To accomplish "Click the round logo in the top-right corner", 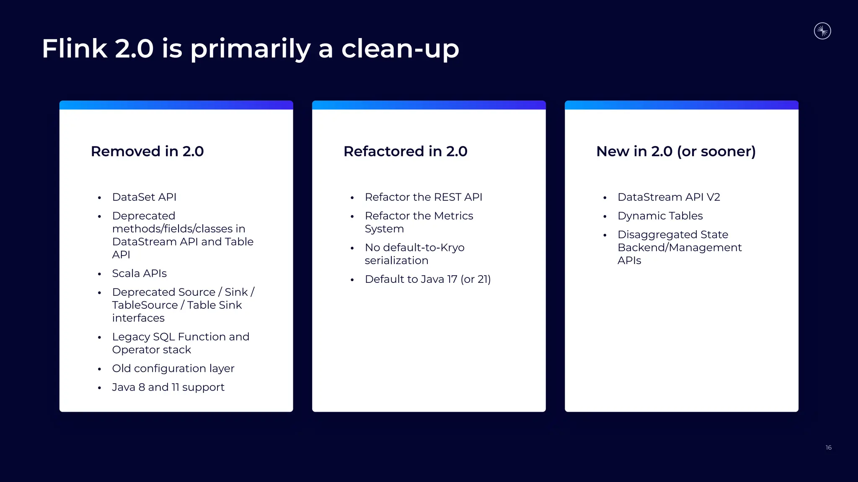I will pyautogui.click(x=822, y=31).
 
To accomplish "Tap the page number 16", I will pyautogui.click(x=828, y=448).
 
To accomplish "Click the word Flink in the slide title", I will pyautogui.click(x=75, y=49).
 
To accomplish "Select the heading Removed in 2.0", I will pyautogui.click(x=147, y=151).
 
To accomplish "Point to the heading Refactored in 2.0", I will pyautogui.click(x=405, y=151).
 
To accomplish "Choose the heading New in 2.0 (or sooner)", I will pyautogui.click(x=676, y=151).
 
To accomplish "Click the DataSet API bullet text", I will pyautogui.click(x=144, y=197).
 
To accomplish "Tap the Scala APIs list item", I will pyautogui.click(x=139, y=274).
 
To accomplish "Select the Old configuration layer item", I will pyautogui.click(x=173, y=369).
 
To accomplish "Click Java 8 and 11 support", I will pyautogui.click(x=168, y=387).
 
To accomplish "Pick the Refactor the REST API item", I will pyautogui.click(x=423, y=197).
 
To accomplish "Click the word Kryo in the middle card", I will pyautogui.click(x=452, y=248).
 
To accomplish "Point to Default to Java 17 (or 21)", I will pyautogui.click(x=427, y=279).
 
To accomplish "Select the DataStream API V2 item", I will pyautogui.click(x=669, y=197).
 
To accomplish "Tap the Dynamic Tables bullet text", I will pyautogui.click(x=660, y=216).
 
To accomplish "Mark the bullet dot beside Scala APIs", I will pyautogui.click(x=99, y=274).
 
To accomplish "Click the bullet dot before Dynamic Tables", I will pyautogui.click(x=605, y=217).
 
